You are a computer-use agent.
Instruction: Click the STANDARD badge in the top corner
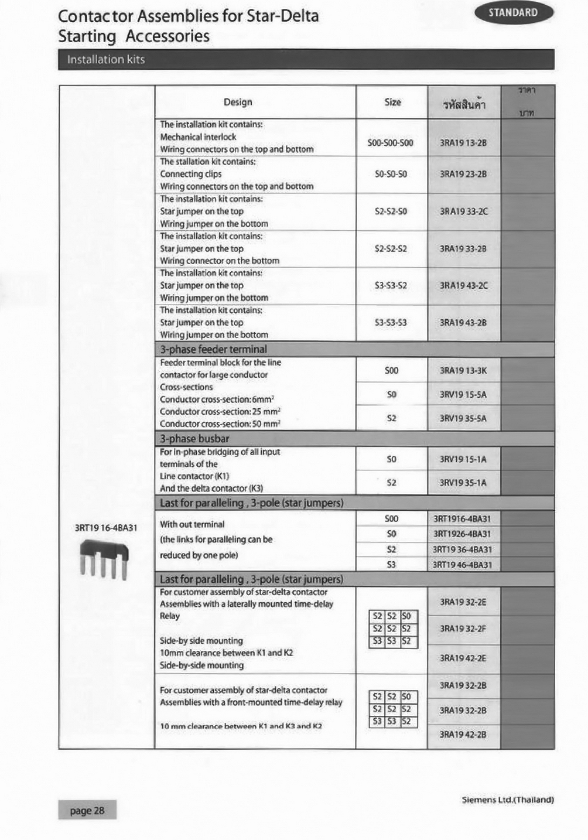click(x=513, y=13)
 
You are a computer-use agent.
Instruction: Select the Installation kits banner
click(x=105, y=60)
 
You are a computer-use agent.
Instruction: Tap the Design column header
click(x=238, y=103)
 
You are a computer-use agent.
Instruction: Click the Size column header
click(x=392, y=103)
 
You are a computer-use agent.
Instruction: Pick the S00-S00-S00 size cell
click(x=391, y=143)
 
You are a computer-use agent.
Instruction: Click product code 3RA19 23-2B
click(x=463, y=174)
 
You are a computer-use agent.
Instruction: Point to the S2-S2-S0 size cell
click(x=391, y=211)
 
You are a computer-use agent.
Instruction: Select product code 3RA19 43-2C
click(x=463, y=286)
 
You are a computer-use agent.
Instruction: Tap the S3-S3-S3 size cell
click(x=391, y=323)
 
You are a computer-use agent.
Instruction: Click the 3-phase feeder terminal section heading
click(x=214, y=350)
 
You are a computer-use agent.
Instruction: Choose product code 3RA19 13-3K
click(x=463, y=371)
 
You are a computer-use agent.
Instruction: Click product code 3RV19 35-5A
click(x=463, y=418)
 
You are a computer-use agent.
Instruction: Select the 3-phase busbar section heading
click(x=195, y=439)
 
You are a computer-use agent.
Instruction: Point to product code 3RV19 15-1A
click(x=463, y=459)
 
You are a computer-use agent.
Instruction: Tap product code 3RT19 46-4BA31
click(x=463, y=565)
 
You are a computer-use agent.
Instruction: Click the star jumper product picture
click(x=104, y=559)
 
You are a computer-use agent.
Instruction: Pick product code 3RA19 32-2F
click(x=463, y=629)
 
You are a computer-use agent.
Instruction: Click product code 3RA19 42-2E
click(x=463, y=658)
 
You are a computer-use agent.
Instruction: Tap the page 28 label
click(x=87, y=811)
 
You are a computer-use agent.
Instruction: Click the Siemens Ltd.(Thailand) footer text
click(x=507, y=800)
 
